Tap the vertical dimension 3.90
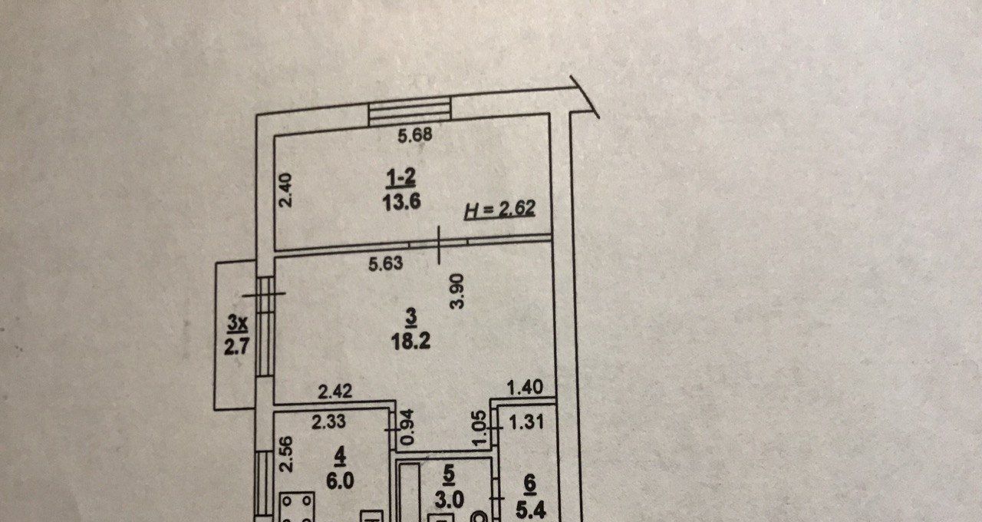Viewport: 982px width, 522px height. pos(457,292)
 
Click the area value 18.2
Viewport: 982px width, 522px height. pos(411,341)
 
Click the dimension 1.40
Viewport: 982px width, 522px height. pos(526,390)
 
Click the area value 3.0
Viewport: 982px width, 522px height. pos(449,500)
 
